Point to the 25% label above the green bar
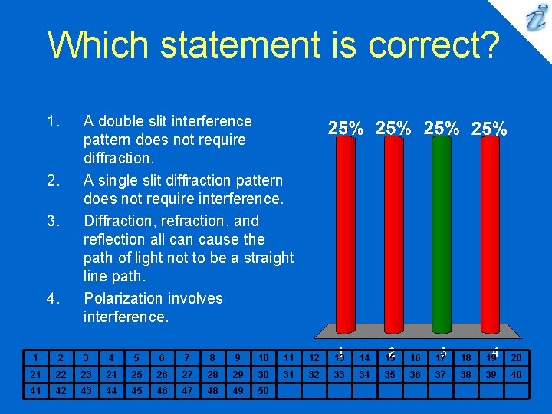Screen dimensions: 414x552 [x=442, y=129]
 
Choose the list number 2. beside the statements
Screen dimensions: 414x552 [x=53, y=181]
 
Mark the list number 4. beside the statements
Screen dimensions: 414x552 [x=53, y=299]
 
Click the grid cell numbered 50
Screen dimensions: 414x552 [x=263, y=390]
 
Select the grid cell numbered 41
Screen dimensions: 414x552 [x=34, y=390]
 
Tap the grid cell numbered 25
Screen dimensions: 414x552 [x=136, y=374]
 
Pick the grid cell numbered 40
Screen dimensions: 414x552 [x=516, y=374]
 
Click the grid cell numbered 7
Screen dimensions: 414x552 [x=186, y=357]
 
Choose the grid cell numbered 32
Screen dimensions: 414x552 [x=314, y=374]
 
